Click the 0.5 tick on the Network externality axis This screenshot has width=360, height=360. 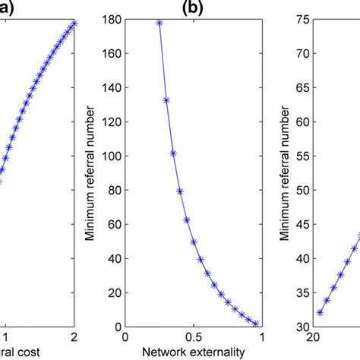tap(194, 338)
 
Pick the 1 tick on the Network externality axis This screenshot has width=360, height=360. tap(262, 338)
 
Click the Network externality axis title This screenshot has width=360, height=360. tap(194, 352)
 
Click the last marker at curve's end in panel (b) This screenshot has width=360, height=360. tap(256, 324)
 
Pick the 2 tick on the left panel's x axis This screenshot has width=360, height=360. tap(74, 338)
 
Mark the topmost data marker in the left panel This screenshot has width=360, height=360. tap(74, 24)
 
